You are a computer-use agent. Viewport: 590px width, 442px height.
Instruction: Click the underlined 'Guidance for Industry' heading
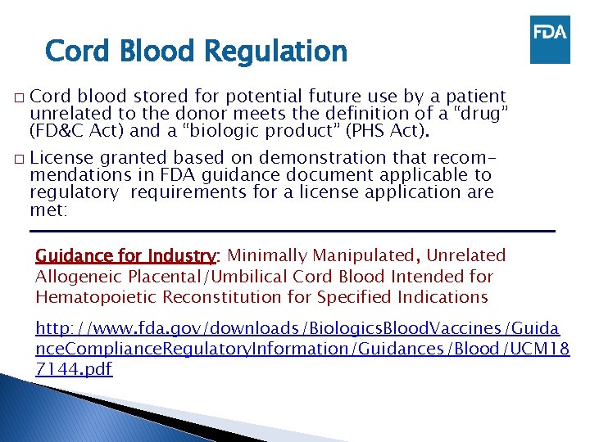[125, 256]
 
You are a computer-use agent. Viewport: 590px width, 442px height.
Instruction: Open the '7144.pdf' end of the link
[74, 369]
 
